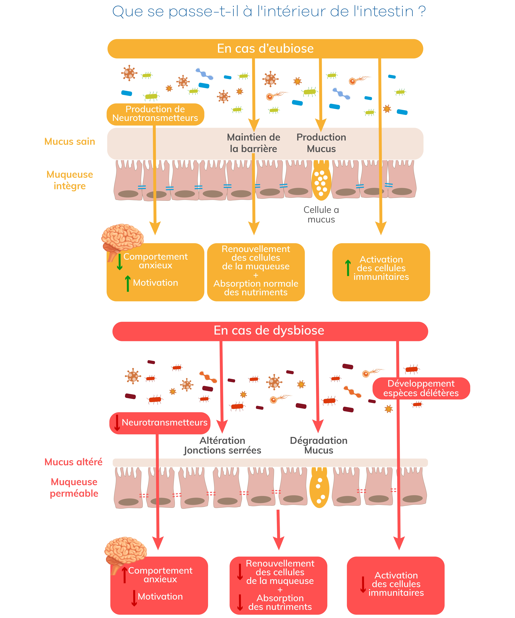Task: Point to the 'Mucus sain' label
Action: click(70, 142)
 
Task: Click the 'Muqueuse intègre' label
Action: click(70, 180)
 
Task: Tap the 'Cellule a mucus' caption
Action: click(321, 215)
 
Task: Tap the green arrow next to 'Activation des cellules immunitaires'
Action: click(348, 268)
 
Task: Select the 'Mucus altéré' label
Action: click(74, 462)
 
